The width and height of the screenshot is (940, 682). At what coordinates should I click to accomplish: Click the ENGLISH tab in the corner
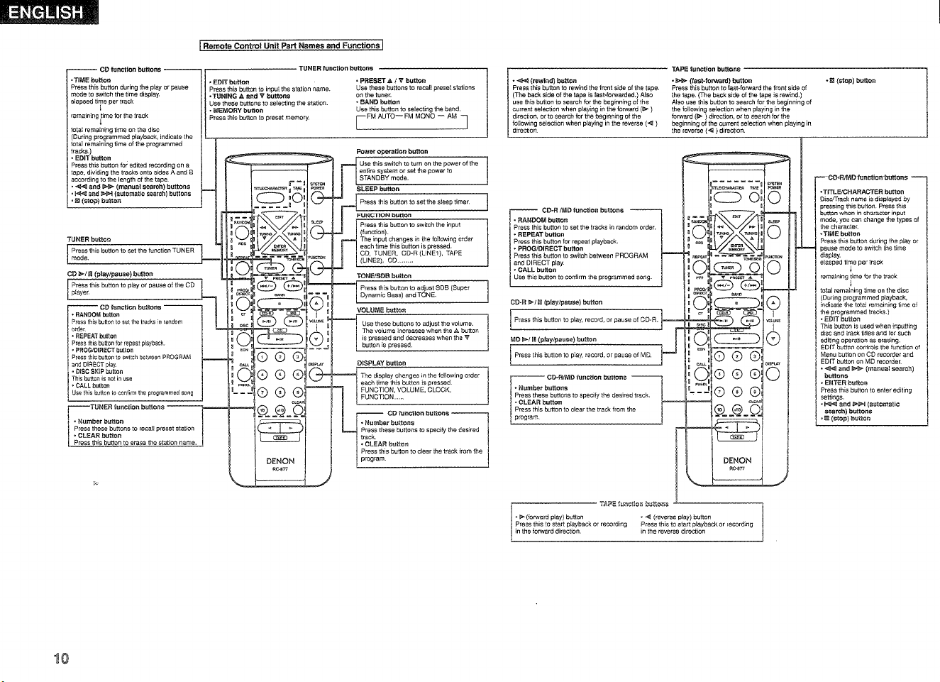click(x=49, y=12)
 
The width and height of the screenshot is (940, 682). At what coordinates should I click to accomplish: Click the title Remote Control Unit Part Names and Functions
click(x=292, y=46)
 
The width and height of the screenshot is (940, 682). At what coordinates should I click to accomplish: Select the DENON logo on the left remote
click(x=280, y=461)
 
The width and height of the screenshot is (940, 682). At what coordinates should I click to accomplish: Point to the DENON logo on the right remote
click(x=737, y=461)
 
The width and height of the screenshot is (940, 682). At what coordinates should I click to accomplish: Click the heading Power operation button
click(x=392, y=151)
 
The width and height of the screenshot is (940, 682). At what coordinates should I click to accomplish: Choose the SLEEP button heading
click(x=378, y=189)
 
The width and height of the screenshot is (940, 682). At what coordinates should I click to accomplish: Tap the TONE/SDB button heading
click(x=384, y=275)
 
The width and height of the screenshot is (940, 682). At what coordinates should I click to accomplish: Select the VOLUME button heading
click(x=381, y=309)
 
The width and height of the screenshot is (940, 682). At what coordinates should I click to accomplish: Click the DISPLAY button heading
click(x=381, y=363)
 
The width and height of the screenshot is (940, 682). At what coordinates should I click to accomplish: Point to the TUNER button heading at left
click(x=89, y=239)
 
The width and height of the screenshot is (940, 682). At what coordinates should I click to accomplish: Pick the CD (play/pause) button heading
click(x=110, y=273)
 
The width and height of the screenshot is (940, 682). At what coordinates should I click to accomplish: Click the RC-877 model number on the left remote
click(x=280, y=469)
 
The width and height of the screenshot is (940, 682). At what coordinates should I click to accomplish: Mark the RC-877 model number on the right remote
click(x=736, y=468)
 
